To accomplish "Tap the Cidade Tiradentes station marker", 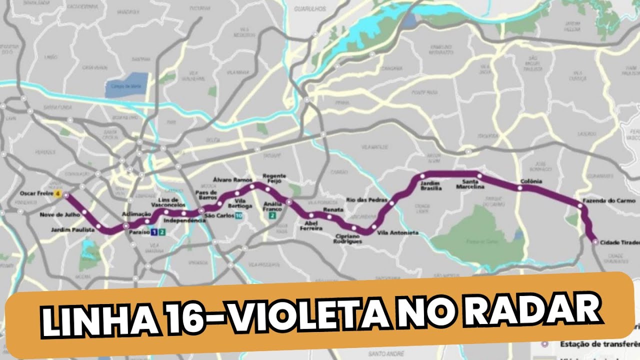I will coord(595,241).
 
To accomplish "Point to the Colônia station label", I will coord(531,181).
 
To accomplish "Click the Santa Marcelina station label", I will coord(470,184).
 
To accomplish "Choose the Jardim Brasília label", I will coord(430,185).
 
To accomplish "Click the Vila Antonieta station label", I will coord(397,233).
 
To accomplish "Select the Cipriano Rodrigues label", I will coord(347,238).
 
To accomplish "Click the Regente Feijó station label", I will coord(274,179).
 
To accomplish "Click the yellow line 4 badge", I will coord(58,193).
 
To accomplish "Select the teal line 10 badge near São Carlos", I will coord(239,216).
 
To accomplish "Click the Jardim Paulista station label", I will coord(72,230).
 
